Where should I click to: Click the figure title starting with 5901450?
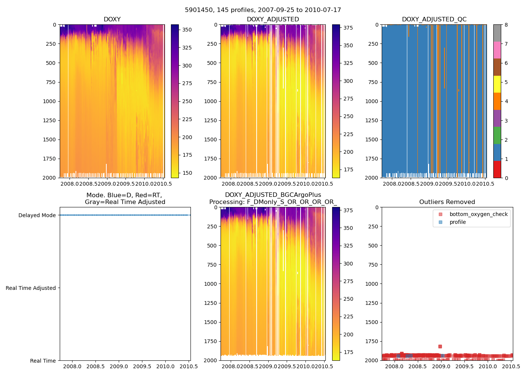point(263,10)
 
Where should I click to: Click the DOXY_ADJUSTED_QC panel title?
point(434,19)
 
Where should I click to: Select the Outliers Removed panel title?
point(447,202)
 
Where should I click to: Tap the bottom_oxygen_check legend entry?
point(478,214)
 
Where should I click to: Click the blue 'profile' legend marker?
point(441,222)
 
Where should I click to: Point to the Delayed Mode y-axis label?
point(37,215)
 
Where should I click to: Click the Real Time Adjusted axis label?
point(30,288)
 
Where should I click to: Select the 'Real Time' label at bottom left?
point(43,361)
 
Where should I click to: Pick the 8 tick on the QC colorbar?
point(506,25)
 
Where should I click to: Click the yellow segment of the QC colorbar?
point(497,84)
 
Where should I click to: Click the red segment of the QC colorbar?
point(497,169)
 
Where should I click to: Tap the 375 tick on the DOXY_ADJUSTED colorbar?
point(348,27)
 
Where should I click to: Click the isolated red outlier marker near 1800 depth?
point(440,346)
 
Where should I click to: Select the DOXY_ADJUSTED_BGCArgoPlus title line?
point(273,195)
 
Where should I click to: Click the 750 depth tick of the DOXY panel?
point(50,82)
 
